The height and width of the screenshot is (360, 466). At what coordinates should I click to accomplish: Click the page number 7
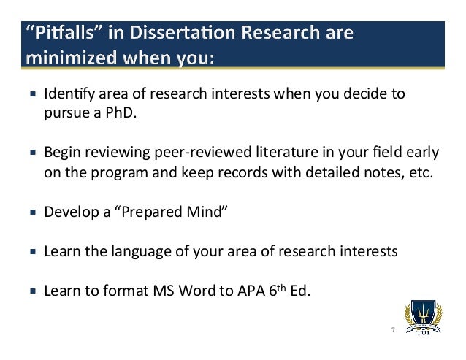coord(392,329)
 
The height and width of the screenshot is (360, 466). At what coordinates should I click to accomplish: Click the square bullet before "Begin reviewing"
coord(33,153)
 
